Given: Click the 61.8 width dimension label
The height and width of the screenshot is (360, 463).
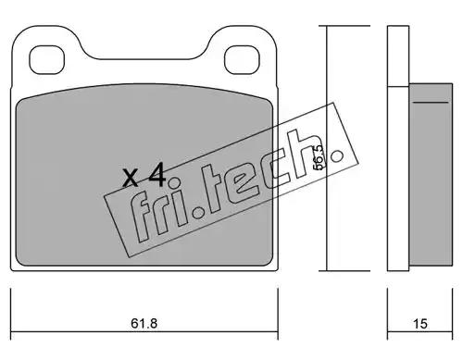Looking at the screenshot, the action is [144, 324].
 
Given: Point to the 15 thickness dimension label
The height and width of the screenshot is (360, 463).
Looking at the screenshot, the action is [419, 324].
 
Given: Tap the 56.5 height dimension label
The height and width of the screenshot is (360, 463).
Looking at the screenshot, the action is [319, 157].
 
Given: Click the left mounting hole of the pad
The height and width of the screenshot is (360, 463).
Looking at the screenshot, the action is [46, 60].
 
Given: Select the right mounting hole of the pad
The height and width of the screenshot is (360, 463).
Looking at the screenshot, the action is [242, 60].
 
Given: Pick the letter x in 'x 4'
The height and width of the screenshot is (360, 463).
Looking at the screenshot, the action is [130, 179].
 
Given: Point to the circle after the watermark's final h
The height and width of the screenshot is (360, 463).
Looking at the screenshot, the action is [336, 156].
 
